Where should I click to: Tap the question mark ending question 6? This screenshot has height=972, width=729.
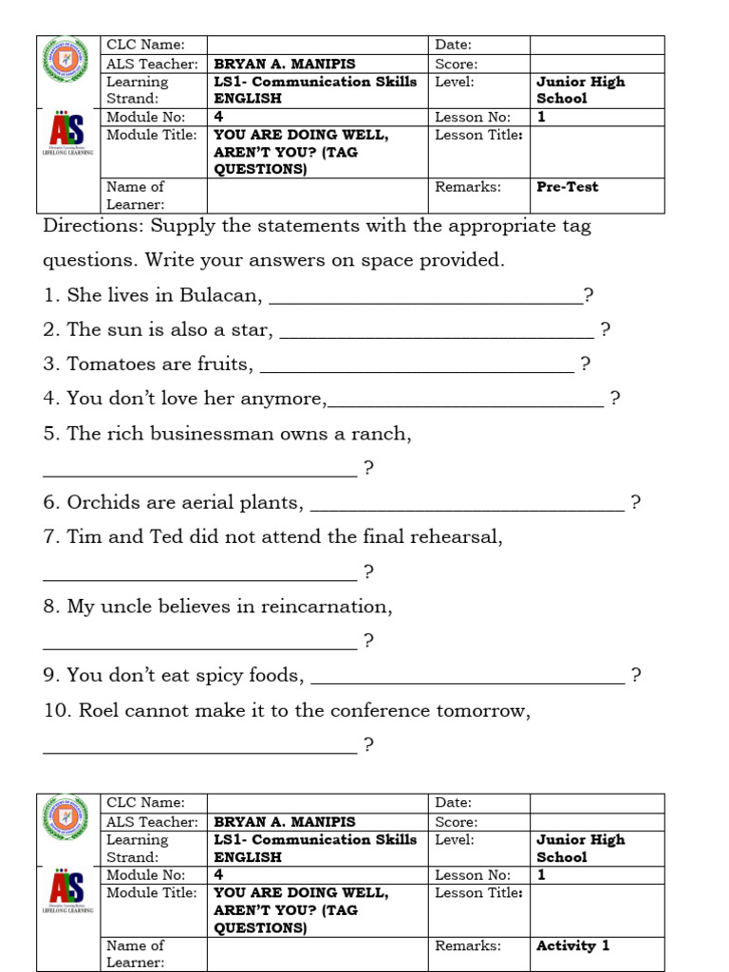point(636,503)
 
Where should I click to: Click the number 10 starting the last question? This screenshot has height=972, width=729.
point(56,711)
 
